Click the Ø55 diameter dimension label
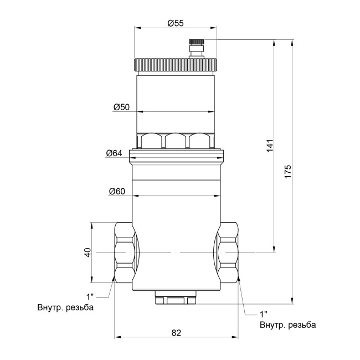pyautogui.click(x=175, y=23)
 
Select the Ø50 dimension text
pyautogui.click(x=121, y=107)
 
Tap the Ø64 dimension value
pyautogui.click(x=114, y=153)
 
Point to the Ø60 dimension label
pyautogui.click(x=117, y=192)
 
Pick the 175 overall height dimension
pyautogui.click(x=287, y=171)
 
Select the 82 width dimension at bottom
pyautogui.click(x=176, y=333)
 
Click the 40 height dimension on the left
pyautogui.click(x=87, y=252)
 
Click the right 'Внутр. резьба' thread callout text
pyautogui.click(x=288, y=325)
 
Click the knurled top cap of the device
pyautogui.click(x=176, y=65)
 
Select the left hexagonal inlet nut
pyautogui.click(x=124, y=252)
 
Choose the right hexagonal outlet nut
pyautogui.click(x=228, y=252)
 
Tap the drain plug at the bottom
pyautogui.click(x=176, y=300)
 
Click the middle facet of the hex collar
pyautogui.click(x=176, y=141)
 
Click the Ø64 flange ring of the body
pyautogui.click(x=176, y=158)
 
